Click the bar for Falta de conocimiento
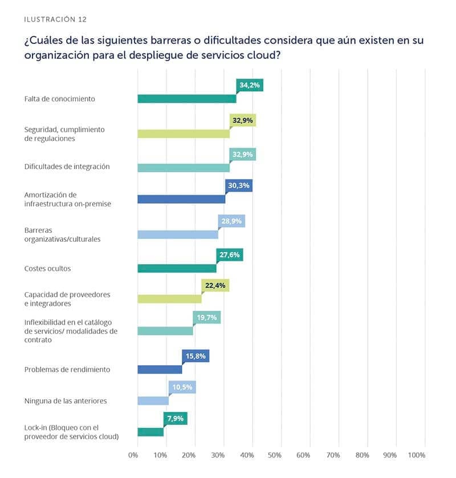187,99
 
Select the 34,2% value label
250,86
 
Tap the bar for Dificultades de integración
184,168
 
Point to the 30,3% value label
239,185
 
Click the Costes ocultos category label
47,268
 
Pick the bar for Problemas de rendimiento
160,370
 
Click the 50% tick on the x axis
275,455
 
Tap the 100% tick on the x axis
417,455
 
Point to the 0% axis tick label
133,455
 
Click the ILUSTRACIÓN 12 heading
55,19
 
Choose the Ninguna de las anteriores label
66,401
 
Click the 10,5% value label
182,388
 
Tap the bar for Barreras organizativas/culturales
178,235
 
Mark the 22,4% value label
215,286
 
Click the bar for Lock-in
150,432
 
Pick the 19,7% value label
207,318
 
